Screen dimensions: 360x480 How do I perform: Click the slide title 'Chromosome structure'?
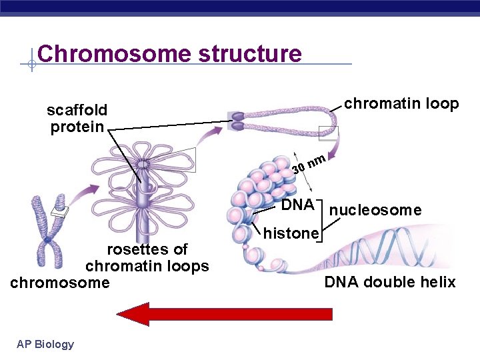[169, 53]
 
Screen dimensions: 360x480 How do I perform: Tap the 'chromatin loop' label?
[401, 103]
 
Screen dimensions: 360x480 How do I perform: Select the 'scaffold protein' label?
[77, 118]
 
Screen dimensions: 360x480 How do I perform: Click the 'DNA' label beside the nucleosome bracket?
[297, 205]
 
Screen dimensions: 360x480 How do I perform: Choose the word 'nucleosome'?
[375, 211]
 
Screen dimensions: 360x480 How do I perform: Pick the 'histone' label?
[291, 233]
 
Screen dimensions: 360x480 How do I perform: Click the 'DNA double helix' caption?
[390, 282]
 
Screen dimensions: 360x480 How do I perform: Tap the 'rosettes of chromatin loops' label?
[147, 258]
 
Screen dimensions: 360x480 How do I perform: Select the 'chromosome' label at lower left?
[60, 283]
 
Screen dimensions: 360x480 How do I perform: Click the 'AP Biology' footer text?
[45, 344]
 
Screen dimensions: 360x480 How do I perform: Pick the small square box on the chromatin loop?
[329, 133]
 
